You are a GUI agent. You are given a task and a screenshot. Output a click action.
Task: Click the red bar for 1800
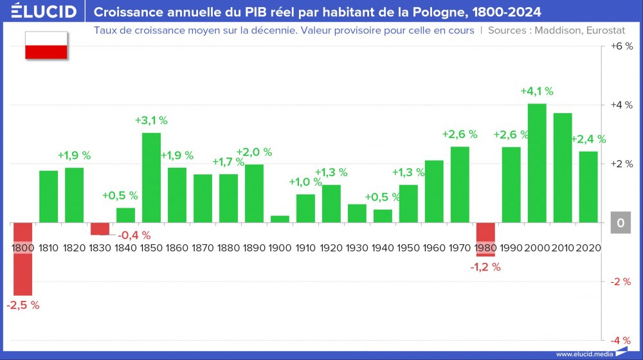23,258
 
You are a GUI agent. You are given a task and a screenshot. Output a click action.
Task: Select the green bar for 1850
151,177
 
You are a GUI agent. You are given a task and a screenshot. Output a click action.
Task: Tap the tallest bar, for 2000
537,163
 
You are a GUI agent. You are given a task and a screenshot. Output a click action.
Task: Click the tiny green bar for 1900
280,219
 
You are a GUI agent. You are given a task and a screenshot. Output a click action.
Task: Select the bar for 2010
563,168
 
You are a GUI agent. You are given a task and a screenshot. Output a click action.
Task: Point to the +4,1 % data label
537,91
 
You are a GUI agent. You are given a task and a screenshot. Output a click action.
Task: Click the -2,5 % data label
23,305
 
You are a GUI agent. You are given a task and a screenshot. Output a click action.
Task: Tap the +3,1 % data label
151,120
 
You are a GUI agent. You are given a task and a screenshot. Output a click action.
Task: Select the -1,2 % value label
485,267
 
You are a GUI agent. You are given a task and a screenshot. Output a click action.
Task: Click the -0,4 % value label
134,235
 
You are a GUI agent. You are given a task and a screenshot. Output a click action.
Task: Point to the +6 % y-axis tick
620,46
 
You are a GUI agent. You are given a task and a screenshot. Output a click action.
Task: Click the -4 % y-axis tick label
620,340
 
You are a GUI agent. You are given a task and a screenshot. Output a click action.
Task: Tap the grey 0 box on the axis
620,222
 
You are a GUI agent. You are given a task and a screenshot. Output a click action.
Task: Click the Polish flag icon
46,46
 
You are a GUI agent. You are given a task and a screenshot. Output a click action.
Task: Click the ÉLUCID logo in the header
40,12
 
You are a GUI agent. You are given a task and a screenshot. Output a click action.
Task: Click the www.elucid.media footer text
584,354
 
